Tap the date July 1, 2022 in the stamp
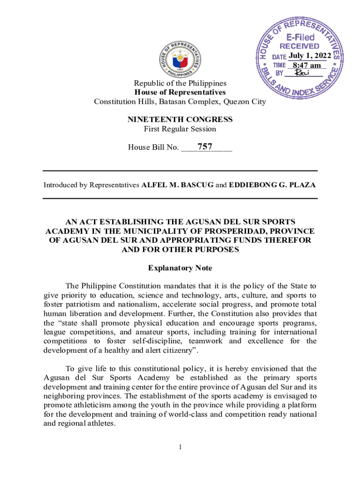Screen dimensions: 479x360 pyautogui.click(x=310, y=56)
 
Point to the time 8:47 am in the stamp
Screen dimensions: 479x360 pyautogui.click(x=307, y=65)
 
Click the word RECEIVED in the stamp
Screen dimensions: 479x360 pyautogui.click(x=299, y=46)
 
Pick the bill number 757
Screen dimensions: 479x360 pyautogui.click(x=205, y=147)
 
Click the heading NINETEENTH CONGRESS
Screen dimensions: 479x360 pyautogui.click(x=180, y=120)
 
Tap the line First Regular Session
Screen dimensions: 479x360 pyautogui.click(x=180, y=129)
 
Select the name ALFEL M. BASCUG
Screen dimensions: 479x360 pyautogui.click(x=177, y=185)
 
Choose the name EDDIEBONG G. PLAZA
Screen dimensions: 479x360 pyautogui.click(x=272, y=185)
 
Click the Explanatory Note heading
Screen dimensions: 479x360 pyautogui.click(x=180, y=268)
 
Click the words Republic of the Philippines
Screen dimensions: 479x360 pyautogui.click(x=180, y=83)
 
